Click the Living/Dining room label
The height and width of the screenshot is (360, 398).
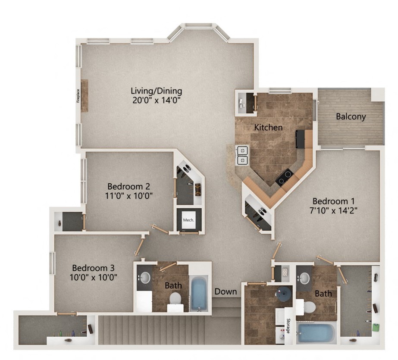point(157,91)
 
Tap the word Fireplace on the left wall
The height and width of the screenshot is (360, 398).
point(78,95)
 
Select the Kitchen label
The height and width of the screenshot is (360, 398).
point(268,128)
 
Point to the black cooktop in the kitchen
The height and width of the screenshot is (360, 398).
point(285,177)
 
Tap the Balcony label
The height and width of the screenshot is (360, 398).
point(351,116)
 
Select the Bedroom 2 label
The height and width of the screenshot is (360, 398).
point(128,187)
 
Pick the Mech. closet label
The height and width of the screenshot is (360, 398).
point(188,220)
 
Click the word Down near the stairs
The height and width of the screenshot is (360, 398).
point(226,291)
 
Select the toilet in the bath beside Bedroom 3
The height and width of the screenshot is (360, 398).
point(175,298)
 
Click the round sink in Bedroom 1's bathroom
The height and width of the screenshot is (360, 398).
point(305,279)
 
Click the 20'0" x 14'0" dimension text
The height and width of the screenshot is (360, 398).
point(157,100)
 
